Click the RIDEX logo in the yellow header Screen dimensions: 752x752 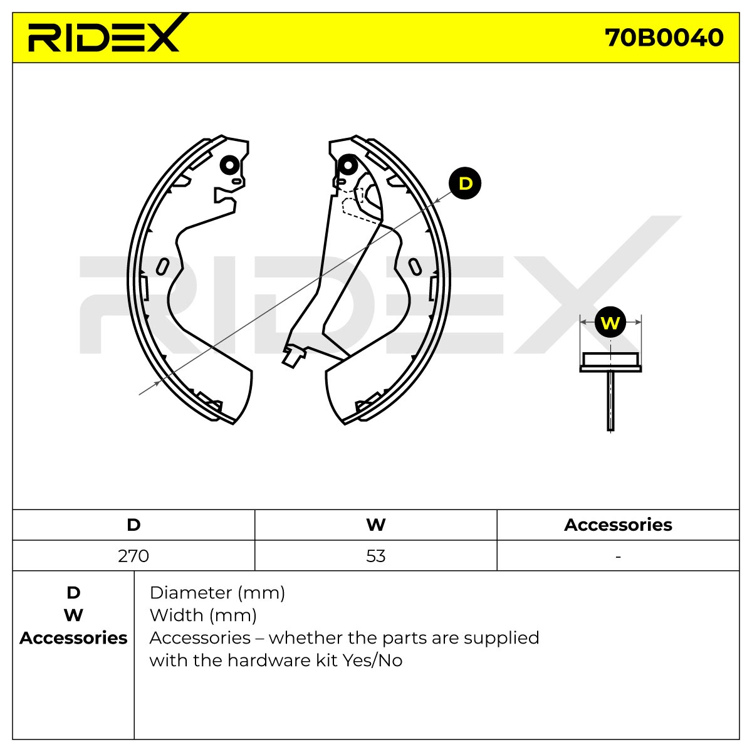(x=104, y=34)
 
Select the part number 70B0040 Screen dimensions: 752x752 (x=664, y=38)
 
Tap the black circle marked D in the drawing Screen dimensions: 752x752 (x=464, y=183)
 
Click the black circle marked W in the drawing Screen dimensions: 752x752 (x=610, y=322)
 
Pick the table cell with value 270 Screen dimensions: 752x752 (x=133, y=556)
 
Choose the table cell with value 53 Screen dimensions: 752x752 (x=376, y=556)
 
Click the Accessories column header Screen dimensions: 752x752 (x=618, y=525)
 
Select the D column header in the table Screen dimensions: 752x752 (x=133, y=525)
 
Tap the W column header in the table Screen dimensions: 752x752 (x=376, y=525)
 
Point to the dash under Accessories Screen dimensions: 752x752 (x=618, y=556)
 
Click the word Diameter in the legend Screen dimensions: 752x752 (x=191, y=593)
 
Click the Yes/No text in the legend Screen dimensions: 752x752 (x=372, y=661)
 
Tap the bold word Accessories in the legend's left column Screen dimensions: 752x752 (x=73, y=638)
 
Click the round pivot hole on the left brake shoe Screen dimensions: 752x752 (x=229, y=165)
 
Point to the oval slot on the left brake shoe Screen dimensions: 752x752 (x=162, y=266)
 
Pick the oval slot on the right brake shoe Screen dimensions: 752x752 (x=415, y=266)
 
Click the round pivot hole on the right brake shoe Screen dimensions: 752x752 (x=347, y=165)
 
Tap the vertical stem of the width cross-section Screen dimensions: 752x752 (x=611, y=401)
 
